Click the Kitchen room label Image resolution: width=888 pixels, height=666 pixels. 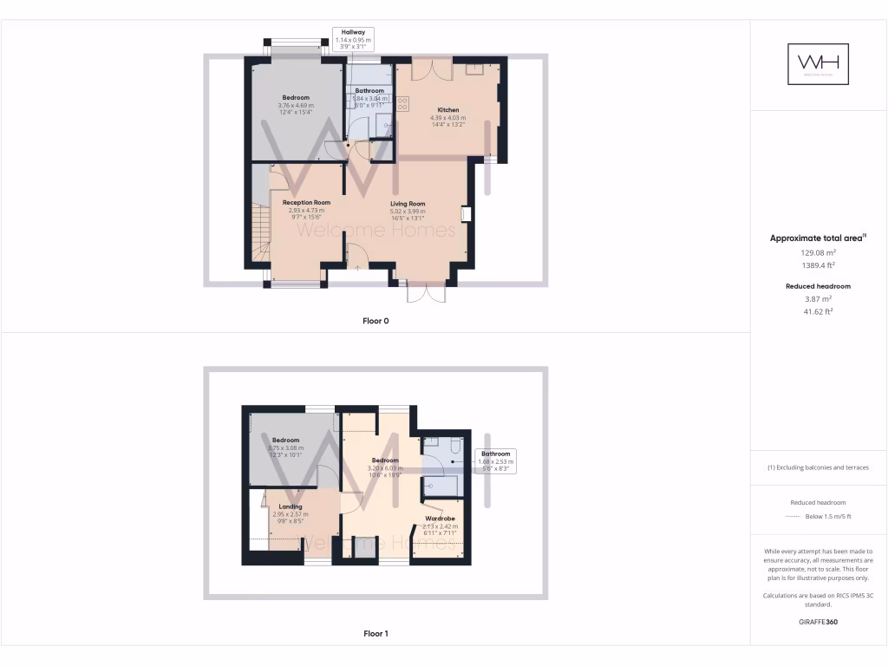tap(448, 110)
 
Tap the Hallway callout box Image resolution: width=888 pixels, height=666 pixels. tap(353, 40)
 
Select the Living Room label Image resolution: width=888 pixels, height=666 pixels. tap(408, 204)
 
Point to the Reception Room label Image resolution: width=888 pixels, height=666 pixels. tap(306, 202)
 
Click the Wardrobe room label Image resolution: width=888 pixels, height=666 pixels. tap(441, 519)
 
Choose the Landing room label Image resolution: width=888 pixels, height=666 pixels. tap(291, 506)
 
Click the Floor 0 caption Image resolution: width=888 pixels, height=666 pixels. tap(375, 321)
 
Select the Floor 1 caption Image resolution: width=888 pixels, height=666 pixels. tap(375, 634)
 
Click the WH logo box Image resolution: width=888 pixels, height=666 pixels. tap(818, 64)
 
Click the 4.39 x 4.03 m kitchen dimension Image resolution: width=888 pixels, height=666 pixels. tap(448, 118)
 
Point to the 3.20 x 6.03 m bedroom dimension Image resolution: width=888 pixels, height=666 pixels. tap(385, 468)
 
